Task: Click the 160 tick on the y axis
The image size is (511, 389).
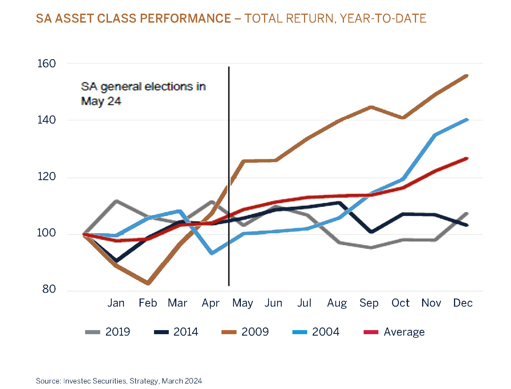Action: coord(46,64)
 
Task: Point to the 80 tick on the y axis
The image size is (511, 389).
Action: coord(49,289)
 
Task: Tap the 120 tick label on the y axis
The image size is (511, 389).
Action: coord(46,176)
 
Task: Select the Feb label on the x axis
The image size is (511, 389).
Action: coord(148,303)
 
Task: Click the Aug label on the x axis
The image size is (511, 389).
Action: coord(337,303)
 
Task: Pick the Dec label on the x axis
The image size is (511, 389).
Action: coord(462,303)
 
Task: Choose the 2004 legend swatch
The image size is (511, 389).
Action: coord(300,332)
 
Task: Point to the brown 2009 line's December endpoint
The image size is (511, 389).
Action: coord(467,76)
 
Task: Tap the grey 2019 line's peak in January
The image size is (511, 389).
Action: coord(116,201)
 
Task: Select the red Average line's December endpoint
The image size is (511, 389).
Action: coord(467,158)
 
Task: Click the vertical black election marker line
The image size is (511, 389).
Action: coord(229,145)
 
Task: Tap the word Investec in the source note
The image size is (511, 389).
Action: coord(76,381)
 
